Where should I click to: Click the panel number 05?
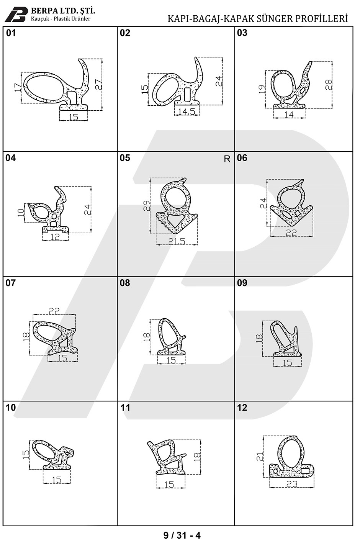(x=125, y=158)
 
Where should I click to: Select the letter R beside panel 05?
(x=227, y=159)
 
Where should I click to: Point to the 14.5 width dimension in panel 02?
(x=187, y=111)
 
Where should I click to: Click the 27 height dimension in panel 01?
(x=98, y=84)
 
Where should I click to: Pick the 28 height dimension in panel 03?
(x=329, y=85)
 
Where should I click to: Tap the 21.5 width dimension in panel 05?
(x=177, y=241)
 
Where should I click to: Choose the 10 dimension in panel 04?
(x=21, y=213)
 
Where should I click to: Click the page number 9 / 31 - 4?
(x=182, y=535)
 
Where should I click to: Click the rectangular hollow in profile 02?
(x=187, y=94)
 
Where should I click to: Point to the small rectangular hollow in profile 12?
(x=304, y=470)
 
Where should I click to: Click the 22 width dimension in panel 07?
(x=54, y=311)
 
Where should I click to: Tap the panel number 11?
(x=125, y=408)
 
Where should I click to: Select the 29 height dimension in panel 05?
(x=147, y=206)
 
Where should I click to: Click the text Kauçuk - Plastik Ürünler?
(x=61, y=19)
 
